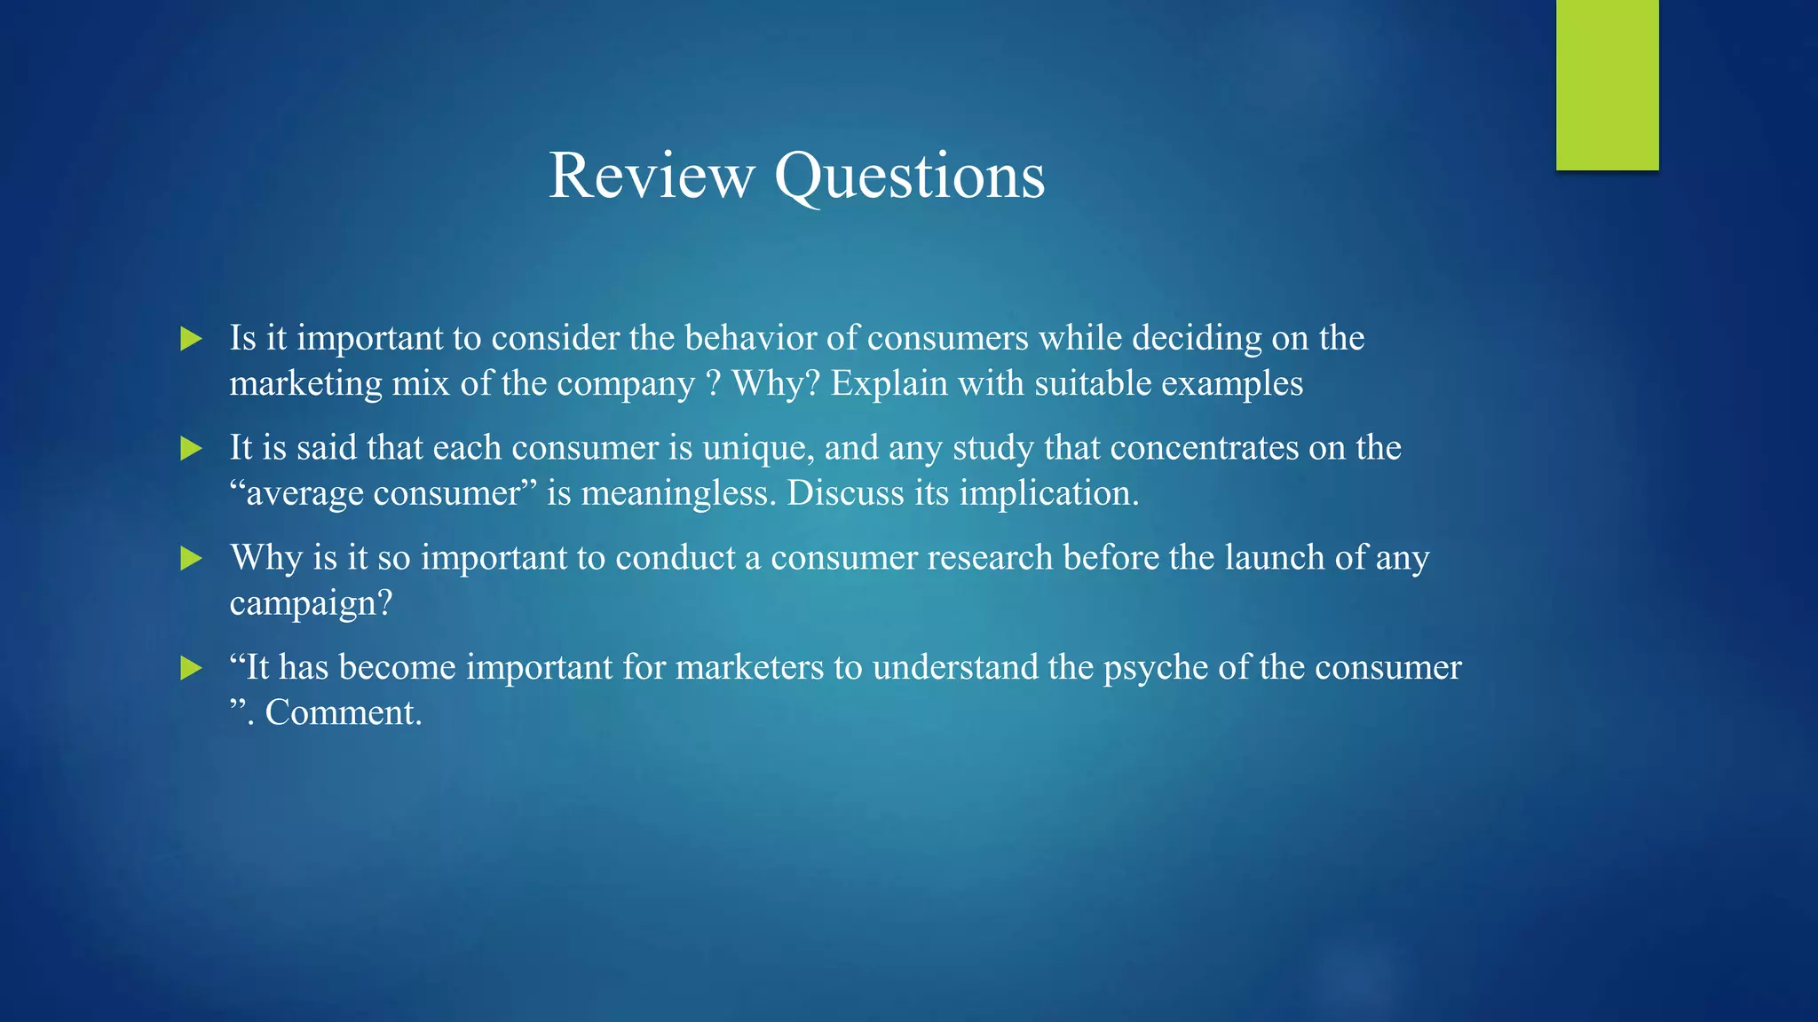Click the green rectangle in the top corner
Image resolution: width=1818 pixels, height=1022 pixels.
[x=1607, y=84]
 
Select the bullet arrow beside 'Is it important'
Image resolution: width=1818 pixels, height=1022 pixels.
[x=191, y=339]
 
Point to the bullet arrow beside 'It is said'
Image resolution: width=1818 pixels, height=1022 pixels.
[x=191, y=449]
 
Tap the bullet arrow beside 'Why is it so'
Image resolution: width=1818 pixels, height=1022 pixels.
[x=191, y=559]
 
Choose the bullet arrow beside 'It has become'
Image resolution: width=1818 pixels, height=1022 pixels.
[x=191, y=668]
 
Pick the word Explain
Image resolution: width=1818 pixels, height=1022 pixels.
[x=889, y=384]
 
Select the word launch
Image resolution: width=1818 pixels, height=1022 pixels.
[x=1275, y=558]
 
